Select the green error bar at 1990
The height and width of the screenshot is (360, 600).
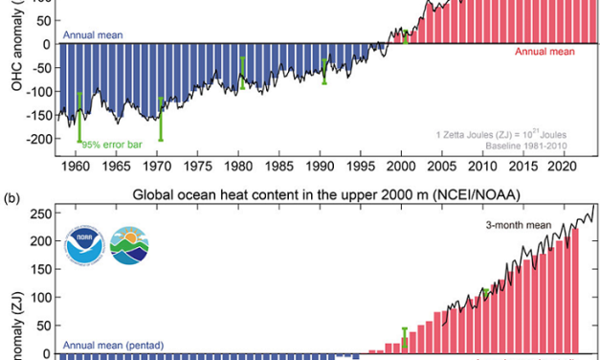(325, 72)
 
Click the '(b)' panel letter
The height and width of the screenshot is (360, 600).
(11, 199)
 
